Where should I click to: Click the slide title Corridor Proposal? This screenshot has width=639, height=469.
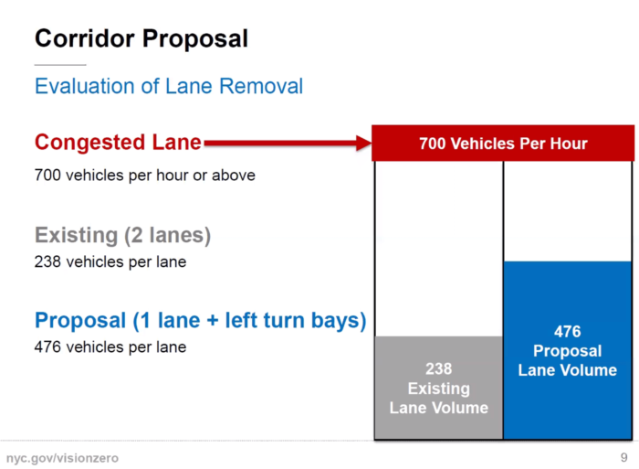(141, 39)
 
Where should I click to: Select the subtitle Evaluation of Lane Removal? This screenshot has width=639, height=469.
(169, 86)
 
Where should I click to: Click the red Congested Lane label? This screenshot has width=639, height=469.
(118, 143)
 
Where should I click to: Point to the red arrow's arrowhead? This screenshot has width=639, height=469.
(363, 143)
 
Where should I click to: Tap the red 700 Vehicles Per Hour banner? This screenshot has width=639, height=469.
(503, 144)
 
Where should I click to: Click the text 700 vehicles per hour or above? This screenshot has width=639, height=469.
(144, 176)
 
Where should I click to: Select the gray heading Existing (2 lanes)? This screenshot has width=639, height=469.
(122, 235)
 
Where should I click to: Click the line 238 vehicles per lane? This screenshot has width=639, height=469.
(110, 261)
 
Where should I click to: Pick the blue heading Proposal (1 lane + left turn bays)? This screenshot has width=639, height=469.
(201, 320)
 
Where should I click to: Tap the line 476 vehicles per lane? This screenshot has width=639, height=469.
(110, 347)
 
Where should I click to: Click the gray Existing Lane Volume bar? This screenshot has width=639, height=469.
(438, 388)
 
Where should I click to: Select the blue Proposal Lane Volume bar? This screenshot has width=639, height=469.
(568, 350)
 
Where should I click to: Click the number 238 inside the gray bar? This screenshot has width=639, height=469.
(439, 368)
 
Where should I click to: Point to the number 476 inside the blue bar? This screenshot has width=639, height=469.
(568, 332)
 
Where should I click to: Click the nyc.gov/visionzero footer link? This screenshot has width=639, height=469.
(62, 458)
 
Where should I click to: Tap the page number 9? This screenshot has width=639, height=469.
(623, 457)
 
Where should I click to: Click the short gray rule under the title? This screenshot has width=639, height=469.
(60, 65)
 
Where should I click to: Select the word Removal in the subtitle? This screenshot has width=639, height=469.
(261, 86)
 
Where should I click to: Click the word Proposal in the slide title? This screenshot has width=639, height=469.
(195, 39)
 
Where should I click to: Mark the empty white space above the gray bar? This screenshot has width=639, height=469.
(438, 248)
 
